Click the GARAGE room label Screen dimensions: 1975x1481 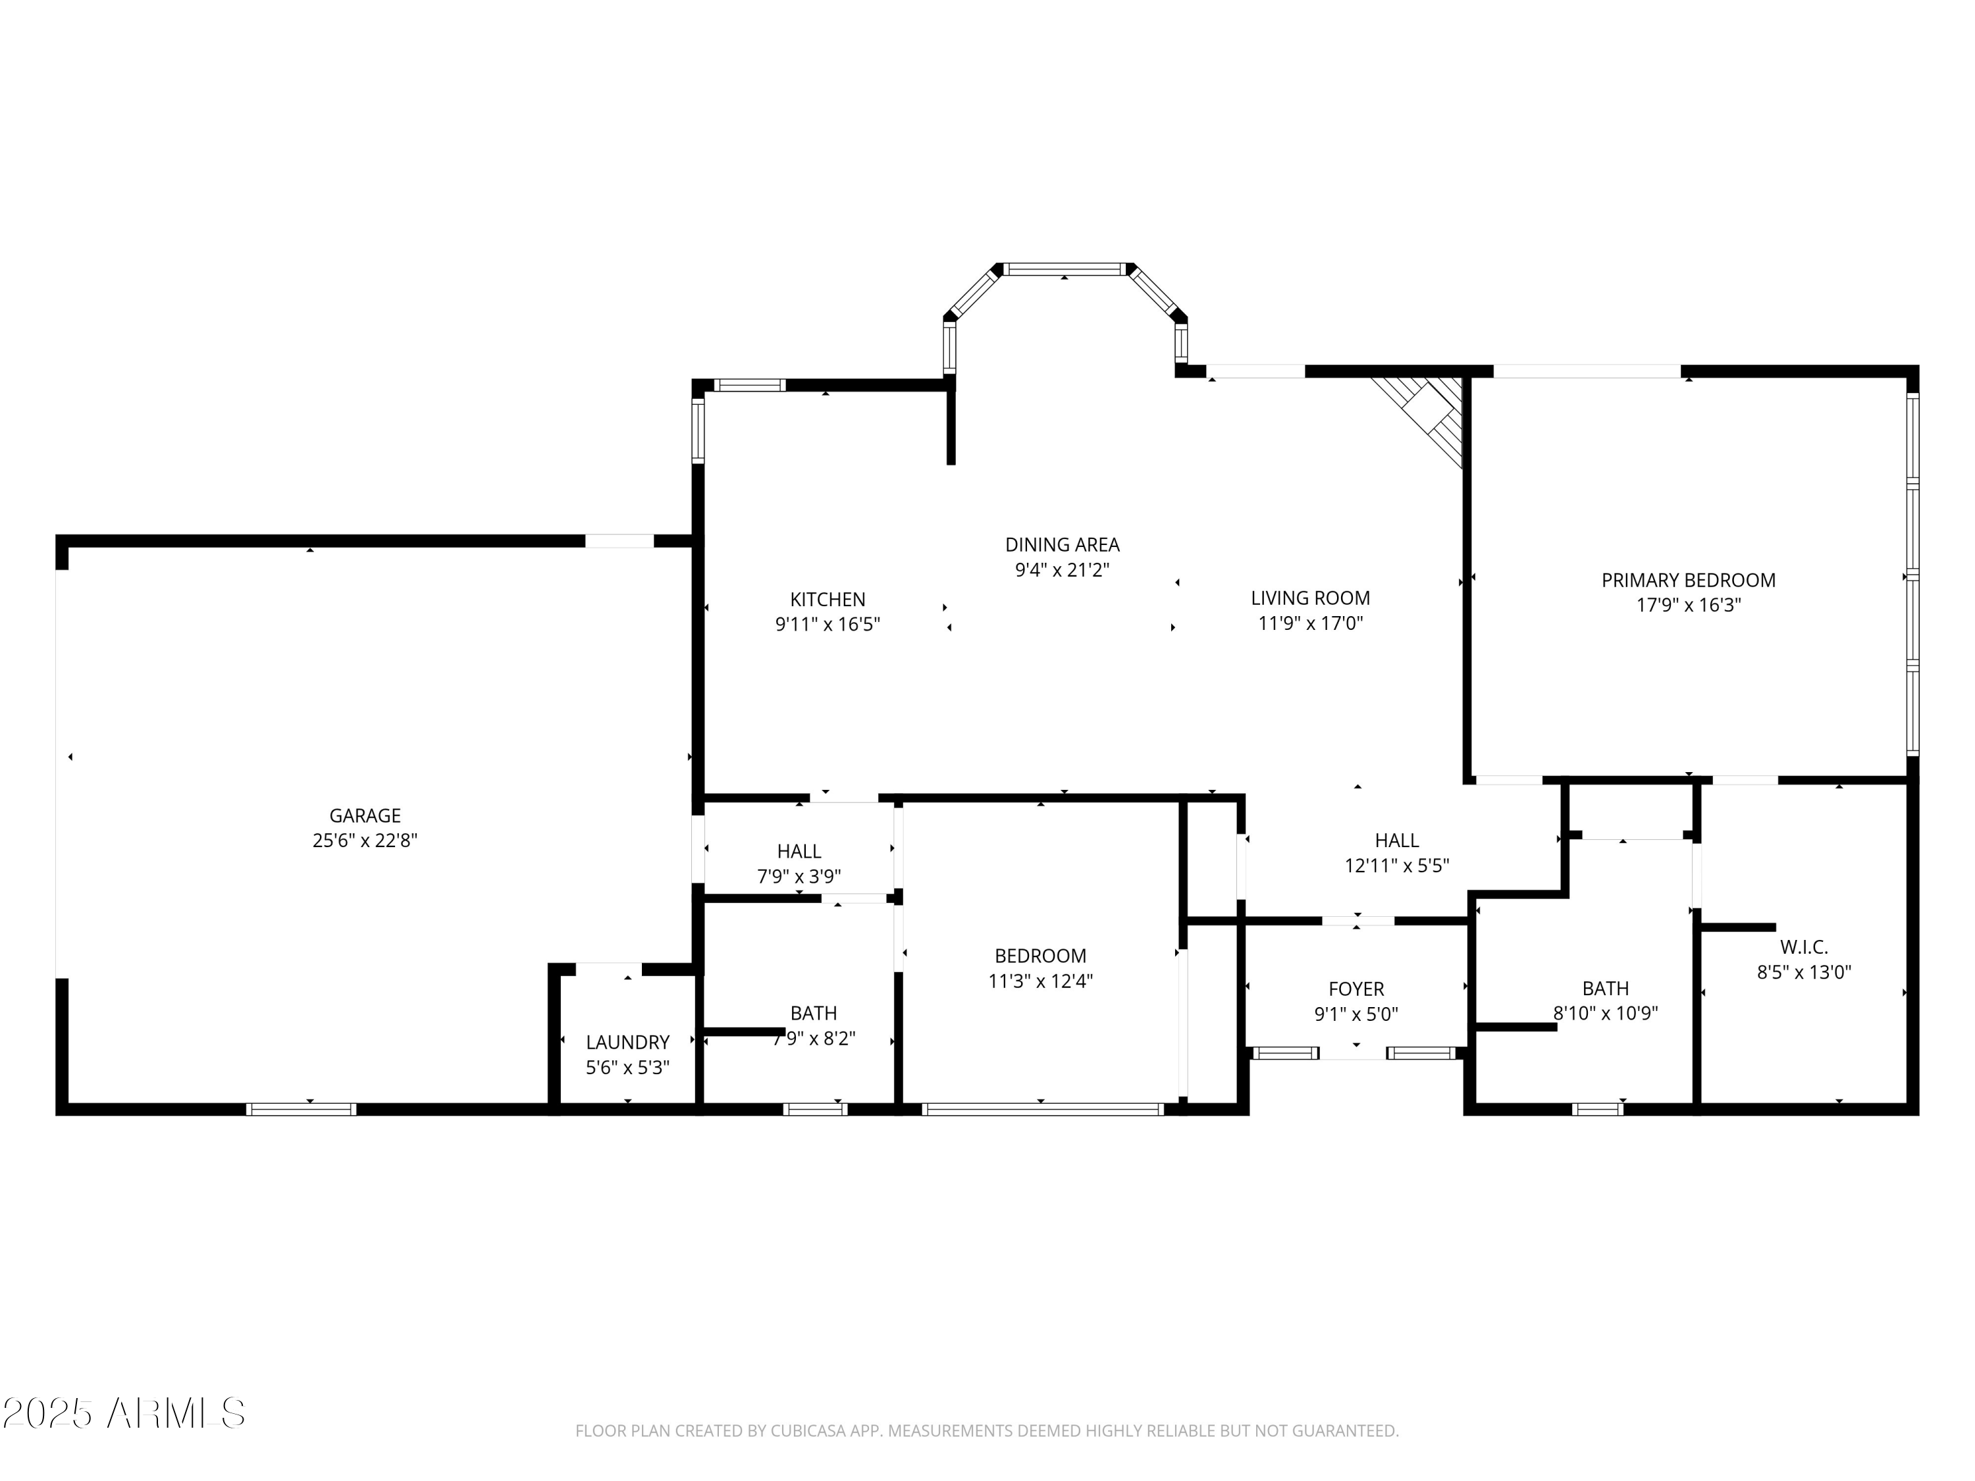tap(365, 815)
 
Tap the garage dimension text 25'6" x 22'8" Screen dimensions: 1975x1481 tap(365, 840)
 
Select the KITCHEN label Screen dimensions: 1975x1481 tap(828, 599)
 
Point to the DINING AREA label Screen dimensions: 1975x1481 tap(1063, 544)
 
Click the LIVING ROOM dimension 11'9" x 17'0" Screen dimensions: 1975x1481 tap(1311, 623)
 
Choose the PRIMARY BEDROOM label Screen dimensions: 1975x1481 tap(1689, 581)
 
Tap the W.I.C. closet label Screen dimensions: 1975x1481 tap(1804, 947)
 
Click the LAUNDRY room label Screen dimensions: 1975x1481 tap(627, 1042)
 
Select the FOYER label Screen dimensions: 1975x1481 tap(1356, 989)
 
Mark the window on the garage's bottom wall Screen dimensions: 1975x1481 tap(302, 1110)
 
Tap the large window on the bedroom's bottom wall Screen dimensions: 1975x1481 tap(1043, 1110)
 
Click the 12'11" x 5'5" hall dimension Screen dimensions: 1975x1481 tap(1398, 865)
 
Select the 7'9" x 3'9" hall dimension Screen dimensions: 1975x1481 tap(799, 877)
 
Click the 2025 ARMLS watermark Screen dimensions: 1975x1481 tap(124, 1413)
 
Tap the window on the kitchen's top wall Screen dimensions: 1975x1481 tap(749, 386)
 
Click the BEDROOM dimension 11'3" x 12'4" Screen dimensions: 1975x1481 tap(1041, 981)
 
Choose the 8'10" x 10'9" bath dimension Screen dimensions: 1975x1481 tap(1606, 1013)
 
